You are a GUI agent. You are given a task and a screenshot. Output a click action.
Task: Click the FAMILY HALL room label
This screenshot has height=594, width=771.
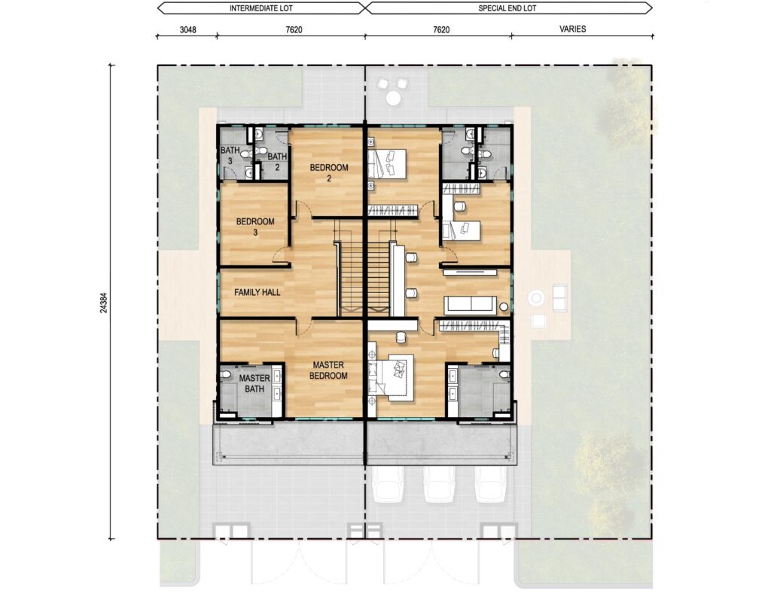coord(258,292)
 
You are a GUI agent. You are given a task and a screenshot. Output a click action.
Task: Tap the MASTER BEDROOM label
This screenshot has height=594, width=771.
coord(328,370)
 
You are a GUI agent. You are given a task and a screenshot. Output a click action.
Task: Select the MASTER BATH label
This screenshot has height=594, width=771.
coord(254,383)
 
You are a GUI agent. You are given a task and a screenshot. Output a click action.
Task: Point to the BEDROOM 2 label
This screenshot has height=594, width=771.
coord(329,172)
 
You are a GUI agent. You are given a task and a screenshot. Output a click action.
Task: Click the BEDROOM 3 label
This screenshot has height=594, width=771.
coord(255,227)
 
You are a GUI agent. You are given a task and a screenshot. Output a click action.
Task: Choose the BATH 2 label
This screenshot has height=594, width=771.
coord(277,162)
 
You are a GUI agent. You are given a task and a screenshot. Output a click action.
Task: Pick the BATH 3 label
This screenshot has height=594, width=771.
coord(230,155)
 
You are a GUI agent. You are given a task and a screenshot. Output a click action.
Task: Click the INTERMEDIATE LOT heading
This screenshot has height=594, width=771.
coord(261,8)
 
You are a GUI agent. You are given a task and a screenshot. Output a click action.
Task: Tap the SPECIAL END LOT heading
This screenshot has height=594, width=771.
coord(507,8)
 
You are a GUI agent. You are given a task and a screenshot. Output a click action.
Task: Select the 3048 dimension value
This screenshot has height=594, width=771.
coord(187,29)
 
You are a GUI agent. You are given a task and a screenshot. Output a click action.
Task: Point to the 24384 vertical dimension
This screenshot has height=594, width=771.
coord(102,303)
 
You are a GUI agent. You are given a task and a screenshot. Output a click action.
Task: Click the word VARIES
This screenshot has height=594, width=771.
coord(572,29)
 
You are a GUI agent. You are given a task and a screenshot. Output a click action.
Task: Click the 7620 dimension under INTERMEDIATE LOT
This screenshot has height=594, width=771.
coord(294,29)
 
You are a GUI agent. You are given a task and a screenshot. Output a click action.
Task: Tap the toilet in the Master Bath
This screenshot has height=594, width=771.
coord(226,375)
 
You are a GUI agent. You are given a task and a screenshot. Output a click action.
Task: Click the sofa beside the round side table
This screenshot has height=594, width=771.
coord(470,305)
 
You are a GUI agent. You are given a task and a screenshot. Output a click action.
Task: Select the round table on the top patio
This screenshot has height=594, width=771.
coord(392,98)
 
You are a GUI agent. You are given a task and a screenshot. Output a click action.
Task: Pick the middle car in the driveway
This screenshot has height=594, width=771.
coord(439,484)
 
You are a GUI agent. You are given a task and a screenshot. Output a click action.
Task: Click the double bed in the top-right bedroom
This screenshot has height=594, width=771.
coord(388,163)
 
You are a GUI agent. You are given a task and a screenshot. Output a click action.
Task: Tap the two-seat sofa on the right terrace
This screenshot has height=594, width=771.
coord(560,297)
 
